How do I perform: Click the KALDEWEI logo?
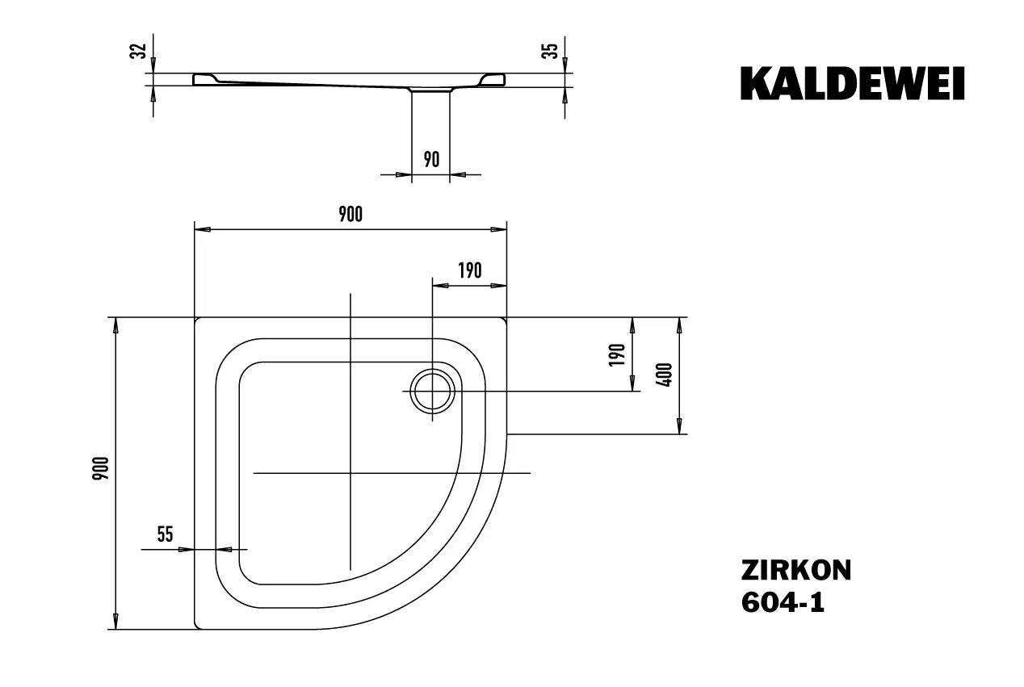click(x=853, y=83)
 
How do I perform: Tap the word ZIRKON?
click(x=796, y=571)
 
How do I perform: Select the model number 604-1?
click(x=783, y=602)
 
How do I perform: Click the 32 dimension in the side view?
click(x=138, y=51)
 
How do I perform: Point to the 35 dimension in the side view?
click(x=550, y=51)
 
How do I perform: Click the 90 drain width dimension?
click(x=431, y=160)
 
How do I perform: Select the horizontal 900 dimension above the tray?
click(x=350, y=215)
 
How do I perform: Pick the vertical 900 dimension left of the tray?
click(x=101, y=468)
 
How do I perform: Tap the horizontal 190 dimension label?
click(x=470, y=270)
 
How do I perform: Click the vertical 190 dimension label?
click(x=617, y=354)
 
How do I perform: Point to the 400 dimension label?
click(x=665, y=375)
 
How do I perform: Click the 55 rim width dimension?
click(x=166, y=534)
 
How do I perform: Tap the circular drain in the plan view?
click(x=432, y=392)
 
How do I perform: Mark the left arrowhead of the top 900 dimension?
click(x=203, y=229)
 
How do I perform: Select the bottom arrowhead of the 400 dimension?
click(x=679, y=426)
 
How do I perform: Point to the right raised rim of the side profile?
click(x=493, y=80)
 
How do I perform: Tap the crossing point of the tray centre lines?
click(x=350, y=473)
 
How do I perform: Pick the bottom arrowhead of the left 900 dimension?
click(x=115, y=621)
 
